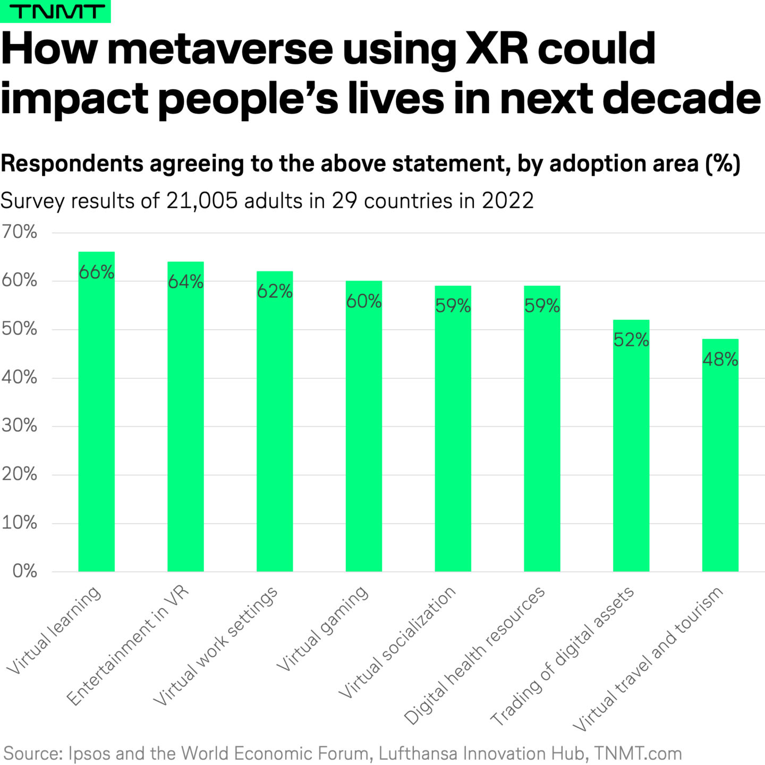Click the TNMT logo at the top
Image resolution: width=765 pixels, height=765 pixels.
[55, 11]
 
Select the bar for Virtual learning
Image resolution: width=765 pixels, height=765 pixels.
[96, 425]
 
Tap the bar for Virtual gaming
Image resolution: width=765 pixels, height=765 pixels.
[363, 436]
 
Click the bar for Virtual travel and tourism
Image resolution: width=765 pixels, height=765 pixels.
[720, 462]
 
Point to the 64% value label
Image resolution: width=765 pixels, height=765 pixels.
[185, 282]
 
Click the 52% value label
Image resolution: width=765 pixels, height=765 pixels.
[631, 340]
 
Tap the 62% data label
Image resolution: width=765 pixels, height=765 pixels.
[275, 292]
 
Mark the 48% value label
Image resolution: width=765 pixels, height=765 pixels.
[720, 360]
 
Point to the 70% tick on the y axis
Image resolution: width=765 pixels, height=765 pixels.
[19, 232]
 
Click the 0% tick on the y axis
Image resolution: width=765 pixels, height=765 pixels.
[24, 571]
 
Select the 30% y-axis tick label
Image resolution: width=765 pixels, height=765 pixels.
[19, 426]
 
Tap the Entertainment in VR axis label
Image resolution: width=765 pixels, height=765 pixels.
[127, 646]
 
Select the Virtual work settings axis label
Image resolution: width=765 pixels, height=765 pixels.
[215, 646]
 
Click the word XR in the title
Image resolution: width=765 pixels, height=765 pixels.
[497, 49]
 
